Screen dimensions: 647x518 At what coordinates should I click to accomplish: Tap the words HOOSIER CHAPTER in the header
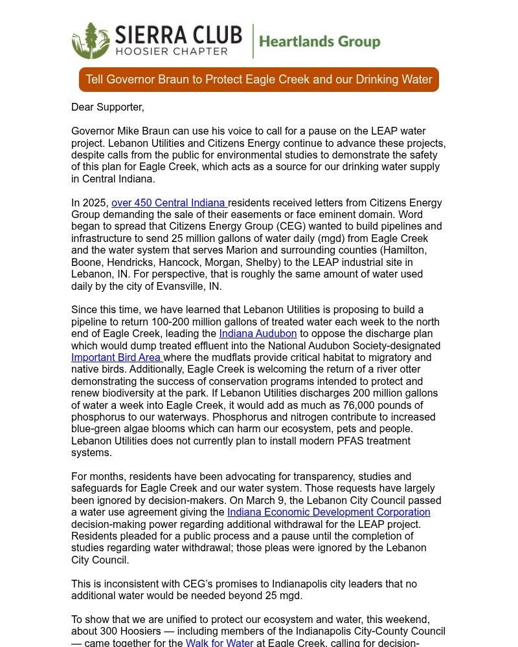tap(171, 51)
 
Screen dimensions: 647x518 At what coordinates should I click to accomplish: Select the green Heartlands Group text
tap(319, 42)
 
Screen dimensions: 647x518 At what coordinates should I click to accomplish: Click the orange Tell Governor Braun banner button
tap(259, 80)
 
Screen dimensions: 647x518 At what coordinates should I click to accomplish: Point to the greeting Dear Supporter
tap(107, 107)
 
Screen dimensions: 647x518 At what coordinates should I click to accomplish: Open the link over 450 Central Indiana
tap(169, 203)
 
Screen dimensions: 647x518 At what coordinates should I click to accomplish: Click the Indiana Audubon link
tap(258, 334)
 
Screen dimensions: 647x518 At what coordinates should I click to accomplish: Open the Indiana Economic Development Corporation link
tap(328, 512)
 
